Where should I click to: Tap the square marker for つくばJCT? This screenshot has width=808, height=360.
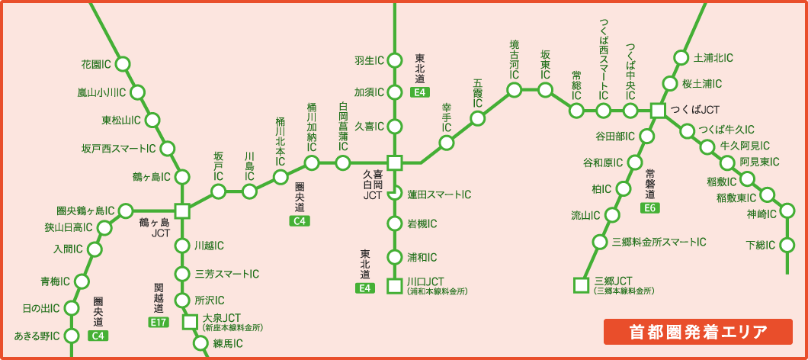coord(658,111)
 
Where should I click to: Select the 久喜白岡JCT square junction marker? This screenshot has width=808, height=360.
coord(394,162)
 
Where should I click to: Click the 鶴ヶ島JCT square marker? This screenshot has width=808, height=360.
coord(182,211)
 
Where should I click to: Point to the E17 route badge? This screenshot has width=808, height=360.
coord(159,323)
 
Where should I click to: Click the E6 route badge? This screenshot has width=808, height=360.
coord(650,208)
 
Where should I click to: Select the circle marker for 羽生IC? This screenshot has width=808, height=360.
coord(394,59)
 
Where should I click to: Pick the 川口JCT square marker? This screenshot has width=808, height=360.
coord(394,286)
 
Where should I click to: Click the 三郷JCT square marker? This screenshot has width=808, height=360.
coord(581,286)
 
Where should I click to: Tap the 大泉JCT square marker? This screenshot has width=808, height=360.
coord(189,323)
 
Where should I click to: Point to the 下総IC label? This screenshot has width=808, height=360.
coord(760,245)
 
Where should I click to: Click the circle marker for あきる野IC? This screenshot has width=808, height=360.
coord(72,336)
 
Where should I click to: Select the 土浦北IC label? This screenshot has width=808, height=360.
coord(713,58)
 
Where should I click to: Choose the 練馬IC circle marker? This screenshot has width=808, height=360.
coord(200,344)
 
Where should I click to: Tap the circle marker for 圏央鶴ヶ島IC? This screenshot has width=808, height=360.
coord(127,211)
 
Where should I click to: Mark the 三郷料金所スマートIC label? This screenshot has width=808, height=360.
coord(659,242)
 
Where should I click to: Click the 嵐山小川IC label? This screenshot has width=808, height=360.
coord(101,92)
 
